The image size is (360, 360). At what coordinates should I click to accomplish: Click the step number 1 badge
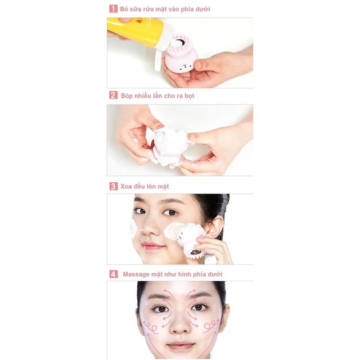tap(113, 10)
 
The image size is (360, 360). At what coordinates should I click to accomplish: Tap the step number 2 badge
tap(113, 96)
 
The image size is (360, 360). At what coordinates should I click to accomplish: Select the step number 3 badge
tap(113, 186)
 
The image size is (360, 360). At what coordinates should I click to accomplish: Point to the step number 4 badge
tap(113, 274)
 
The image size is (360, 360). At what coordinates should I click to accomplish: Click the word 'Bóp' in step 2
tap(127, 96)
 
